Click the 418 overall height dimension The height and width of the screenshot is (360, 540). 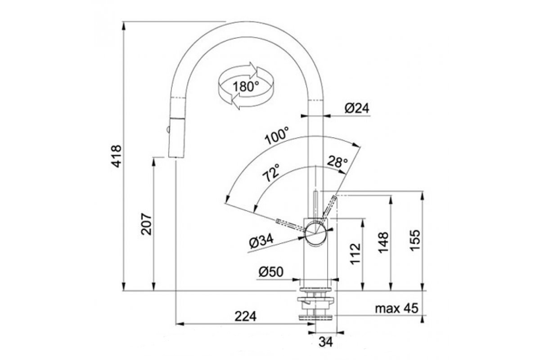coord(117,156)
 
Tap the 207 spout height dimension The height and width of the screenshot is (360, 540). coord(146,224)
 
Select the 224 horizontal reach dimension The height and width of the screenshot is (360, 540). coord(245,317)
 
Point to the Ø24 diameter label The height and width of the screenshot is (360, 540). coord(357,108)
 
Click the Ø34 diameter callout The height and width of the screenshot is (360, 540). coord(262,241)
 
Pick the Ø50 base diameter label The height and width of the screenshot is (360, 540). coord(271,272)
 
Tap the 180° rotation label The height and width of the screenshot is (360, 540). coord(246,86)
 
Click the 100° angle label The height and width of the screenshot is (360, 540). coord(276,136)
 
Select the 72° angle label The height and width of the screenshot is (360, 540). coord(271,173)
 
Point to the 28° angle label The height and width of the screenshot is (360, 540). coord(337,162)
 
